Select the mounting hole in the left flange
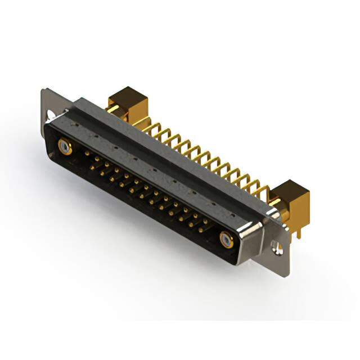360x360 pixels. tap(51, 115)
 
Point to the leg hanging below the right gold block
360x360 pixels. tap(288, 231)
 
